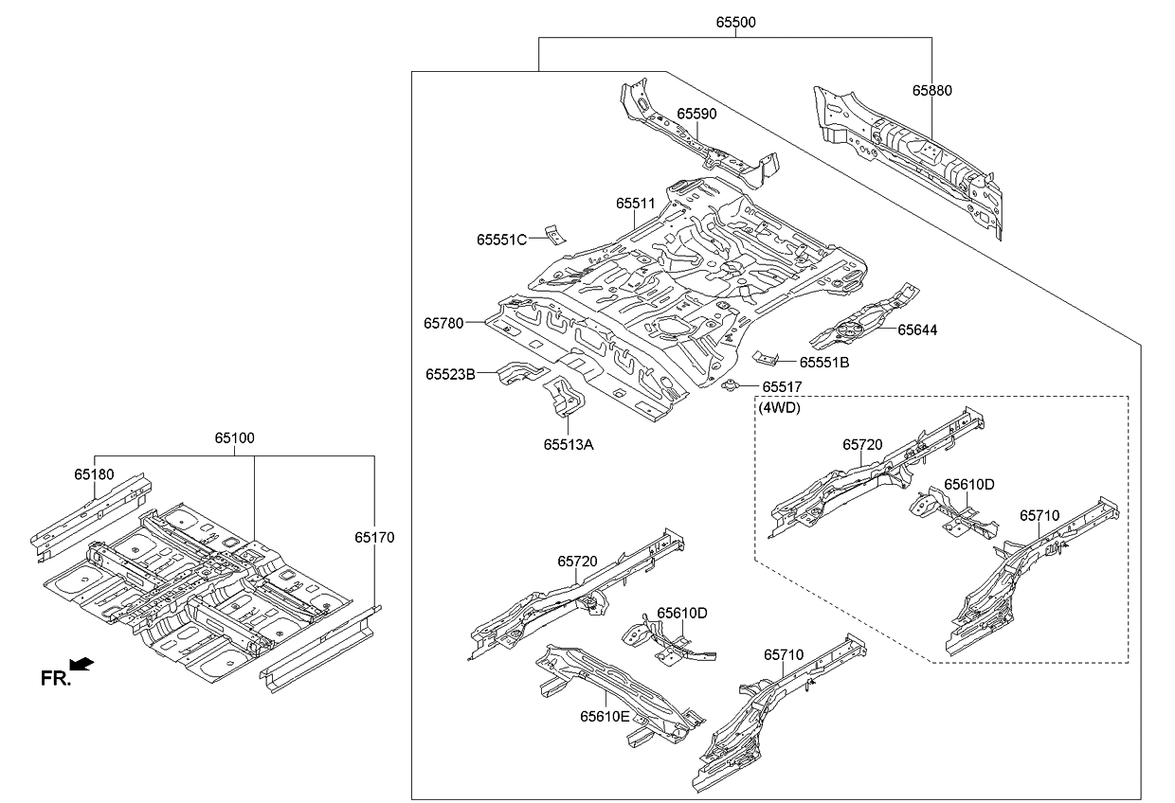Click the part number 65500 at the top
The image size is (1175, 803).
coord(734,22)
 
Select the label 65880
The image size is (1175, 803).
coord(931,91)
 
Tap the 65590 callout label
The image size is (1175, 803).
coord(696,114)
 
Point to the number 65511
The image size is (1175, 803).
coord(635,203)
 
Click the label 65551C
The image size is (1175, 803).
coord(501,240)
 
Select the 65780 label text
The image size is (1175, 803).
coord(443,323)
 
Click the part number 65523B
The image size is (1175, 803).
coord(450,374)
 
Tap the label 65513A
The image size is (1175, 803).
coord(569,444)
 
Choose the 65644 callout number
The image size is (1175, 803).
coord(916,330)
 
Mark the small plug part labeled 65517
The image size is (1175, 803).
coord(732,385)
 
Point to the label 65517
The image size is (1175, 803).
coord(782,386)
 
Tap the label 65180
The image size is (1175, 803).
coord(94,473)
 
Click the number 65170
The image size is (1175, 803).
coord(374,537)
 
